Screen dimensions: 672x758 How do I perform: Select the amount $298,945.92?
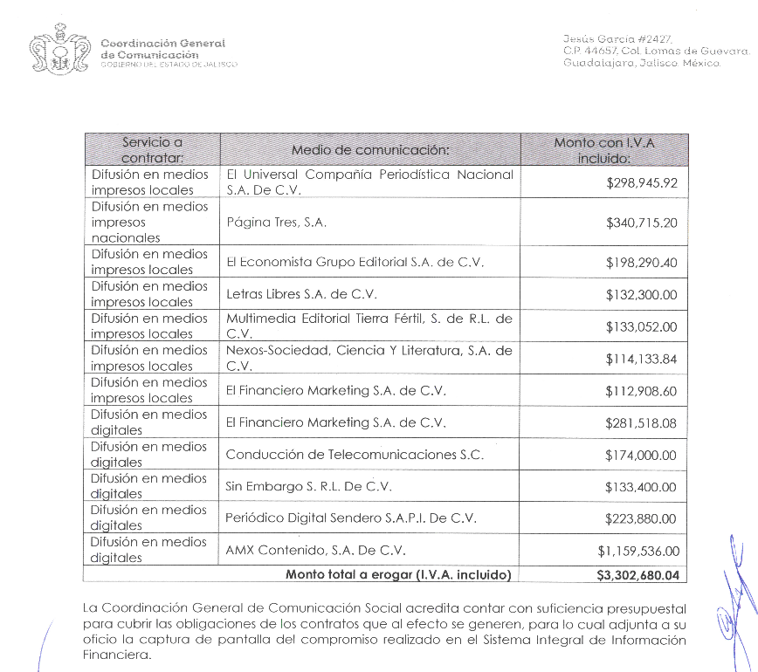click(641, 183)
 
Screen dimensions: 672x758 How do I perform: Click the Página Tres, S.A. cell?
click(276, 223)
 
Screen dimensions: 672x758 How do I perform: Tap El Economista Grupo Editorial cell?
click(355, 262)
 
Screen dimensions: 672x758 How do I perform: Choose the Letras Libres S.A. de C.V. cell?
click(301, 294)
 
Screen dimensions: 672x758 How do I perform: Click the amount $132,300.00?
click(641, 295)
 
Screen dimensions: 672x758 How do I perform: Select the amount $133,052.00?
click(641, 327)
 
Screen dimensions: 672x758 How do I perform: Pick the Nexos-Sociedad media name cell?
click(369, 359)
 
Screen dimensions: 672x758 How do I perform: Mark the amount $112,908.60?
click(641, 391)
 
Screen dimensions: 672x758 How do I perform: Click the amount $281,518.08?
click(641, 423)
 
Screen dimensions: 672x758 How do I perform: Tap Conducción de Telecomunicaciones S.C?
click(355, 455)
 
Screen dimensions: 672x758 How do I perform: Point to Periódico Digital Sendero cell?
click(351, 518)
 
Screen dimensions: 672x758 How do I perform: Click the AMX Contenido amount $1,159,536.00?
click(637, 551)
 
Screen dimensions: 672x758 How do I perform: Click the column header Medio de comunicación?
click(370, 149)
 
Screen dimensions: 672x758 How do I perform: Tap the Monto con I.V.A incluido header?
click(603, 149)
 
